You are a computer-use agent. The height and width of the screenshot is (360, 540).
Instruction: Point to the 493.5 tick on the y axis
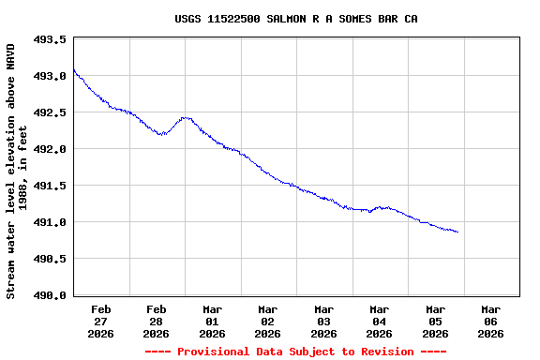coord(50,40)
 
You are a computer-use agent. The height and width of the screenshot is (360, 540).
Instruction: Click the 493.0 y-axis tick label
coord(50,76)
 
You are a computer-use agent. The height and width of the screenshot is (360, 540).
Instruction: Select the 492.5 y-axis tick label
coord(50,112)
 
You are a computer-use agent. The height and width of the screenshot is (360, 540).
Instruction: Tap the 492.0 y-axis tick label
coord(50,149)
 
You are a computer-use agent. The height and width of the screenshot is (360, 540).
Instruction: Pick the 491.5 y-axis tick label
coord(50,186)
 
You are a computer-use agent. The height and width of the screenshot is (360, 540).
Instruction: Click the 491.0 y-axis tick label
coord(50,222)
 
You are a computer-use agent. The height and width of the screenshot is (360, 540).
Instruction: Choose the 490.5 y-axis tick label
coord(50,259)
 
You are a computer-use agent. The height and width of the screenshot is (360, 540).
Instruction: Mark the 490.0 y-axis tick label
coord(50,295)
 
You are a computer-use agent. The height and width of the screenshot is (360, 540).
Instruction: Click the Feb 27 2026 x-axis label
coord(101,321)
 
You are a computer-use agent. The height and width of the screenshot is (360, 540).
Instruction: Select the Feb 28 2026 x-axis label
coord(157,321)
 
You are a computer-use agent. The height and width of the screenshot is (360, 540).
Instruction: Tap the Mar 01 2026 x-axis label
coord(213,321)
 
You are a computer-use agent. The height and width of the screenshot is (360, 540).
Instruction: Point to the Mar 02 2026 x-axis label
coord(268,321)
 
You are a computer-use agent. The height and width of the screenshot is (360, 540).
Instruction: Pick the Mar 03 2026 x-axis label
coord(324,321)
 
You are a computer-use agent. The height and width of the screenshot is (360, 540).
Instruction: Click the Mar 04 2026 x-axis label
coord(380,321)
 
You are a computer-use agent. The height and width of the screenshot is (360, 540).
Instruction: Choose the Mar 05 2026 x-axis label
coord(436,321)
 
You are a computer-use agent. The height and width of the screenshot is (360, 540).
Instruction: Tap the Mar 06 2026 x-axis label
coord(491,321)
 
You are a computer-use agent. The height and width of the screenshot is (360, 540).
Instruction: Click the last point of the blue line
coord(457,232)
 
